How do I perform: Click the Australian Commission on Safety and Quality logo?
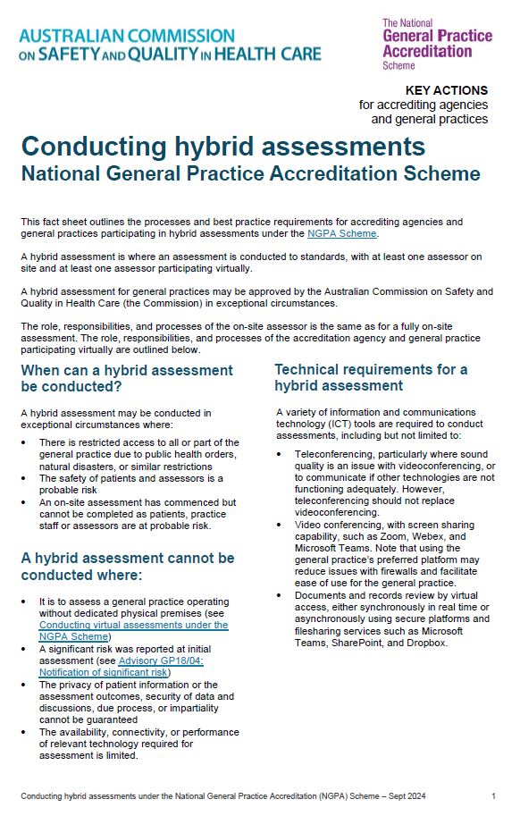(170, 45)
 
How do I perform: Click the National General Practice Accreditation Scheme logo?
(436, 44)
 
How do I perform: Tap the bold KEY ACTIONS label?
(447, 90)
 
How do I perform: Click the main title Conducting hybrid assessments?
(222, 146)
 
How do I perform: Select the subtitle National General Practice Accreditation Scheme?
(250, 173)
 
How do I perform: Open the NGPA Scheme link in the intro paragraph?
(341, 233)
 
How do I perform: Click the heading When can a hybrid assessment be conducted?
(126, 378)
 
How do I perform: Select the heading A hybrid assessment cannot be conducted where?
(127, 566)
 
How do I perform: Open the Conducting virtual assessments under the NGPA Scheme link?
(133, 631)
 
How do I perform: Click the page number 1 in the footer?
(493, 795)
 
